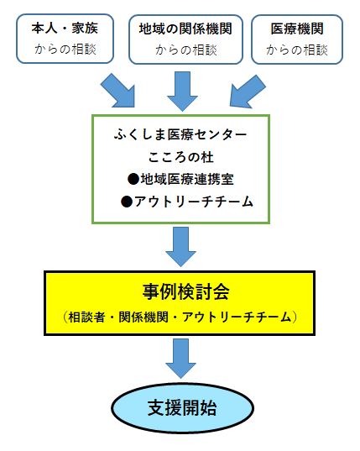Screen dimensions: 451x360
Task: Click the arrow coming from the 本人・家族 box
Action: click(120, 90)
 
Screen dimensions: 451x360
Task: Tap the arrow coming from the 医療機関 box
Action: click(243, 90)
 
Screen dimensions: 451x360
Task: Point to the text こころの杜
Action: click(180, 156)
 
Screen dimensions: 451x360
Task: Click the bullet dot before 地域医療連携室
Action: click(133, 179)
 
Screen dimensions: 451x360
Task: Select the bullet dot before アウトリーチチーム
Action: click(128, 202)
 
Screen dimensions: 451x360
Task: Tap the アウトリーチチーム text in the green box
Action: click(186, 202)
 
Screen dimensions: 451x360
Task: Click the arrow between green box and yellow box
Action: click(180, 244)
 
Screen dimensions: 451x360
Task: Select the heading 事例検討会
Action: click(180, 292)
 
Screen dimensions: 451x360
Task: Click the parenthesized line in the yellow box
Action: click(180, 317)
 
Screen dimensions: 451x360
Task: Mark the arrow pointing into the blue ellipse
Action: click(180, 357)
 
